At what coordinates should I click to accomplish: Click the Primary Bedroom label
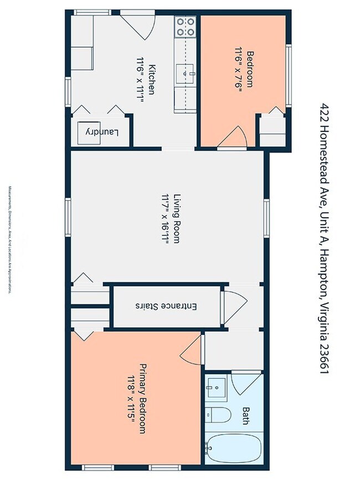tap(142, 398)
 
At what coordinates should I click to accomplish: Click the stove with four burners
tap(186, 27)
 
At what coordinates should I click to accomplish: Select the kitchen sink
tap(186, 72)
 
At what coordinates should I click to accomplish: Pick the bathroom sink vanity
tap(217, 387)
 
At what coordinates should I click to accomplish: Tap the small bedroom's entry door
tap(233, 138)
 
